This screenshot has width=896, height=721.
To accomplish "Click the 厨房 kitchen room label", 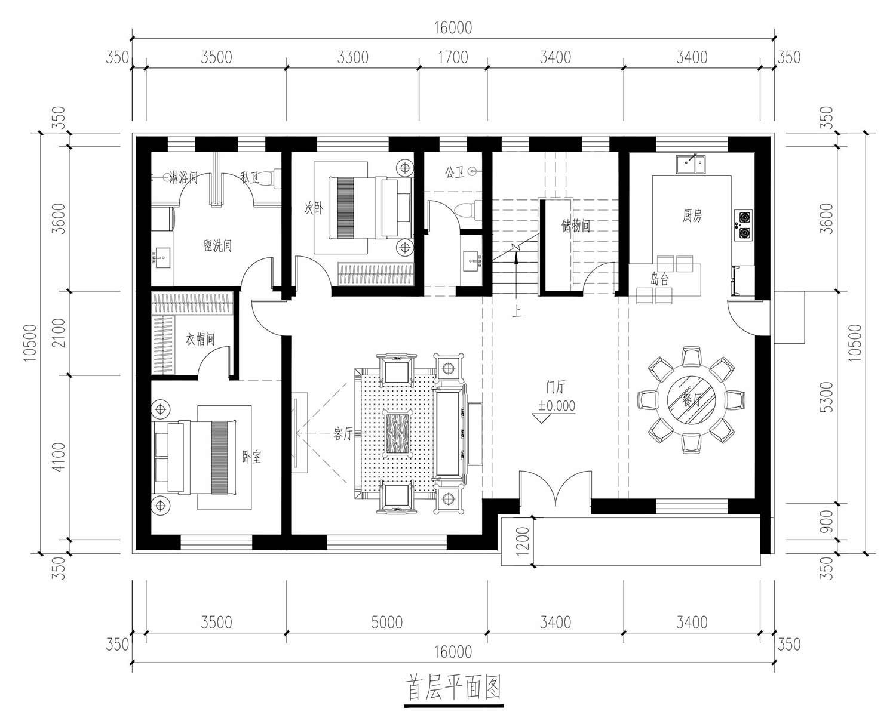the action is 692,215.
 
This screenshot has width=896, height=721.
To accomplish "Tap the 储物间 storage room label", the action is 576,226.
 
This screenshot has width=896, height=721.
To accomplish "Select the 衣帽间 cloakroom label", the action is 200,340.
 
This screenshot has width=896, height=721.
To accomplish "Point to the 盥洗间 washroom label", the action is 217,245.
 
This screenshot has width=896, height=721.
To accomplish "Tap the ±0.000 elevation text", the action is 557,405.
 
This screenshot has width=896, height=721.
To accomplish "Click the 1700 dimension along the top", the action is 453,57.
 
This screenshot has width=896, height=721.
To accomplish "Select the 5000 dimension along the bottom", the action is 387,623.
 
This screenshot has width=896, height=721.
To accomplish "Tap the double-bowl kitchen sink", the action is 691,164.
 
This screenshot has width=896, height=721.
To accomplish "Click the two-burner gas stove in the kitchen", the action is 743,225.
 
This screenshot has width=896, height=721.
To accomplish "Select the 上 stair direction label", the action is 516,311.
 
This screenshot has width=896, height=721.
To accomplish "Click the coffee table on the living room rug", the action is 397,433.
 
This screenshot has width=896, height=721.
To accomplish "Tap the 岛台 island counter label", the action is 659,279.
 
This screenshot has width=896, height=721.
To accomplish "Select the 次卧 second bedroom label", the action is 313,207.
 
